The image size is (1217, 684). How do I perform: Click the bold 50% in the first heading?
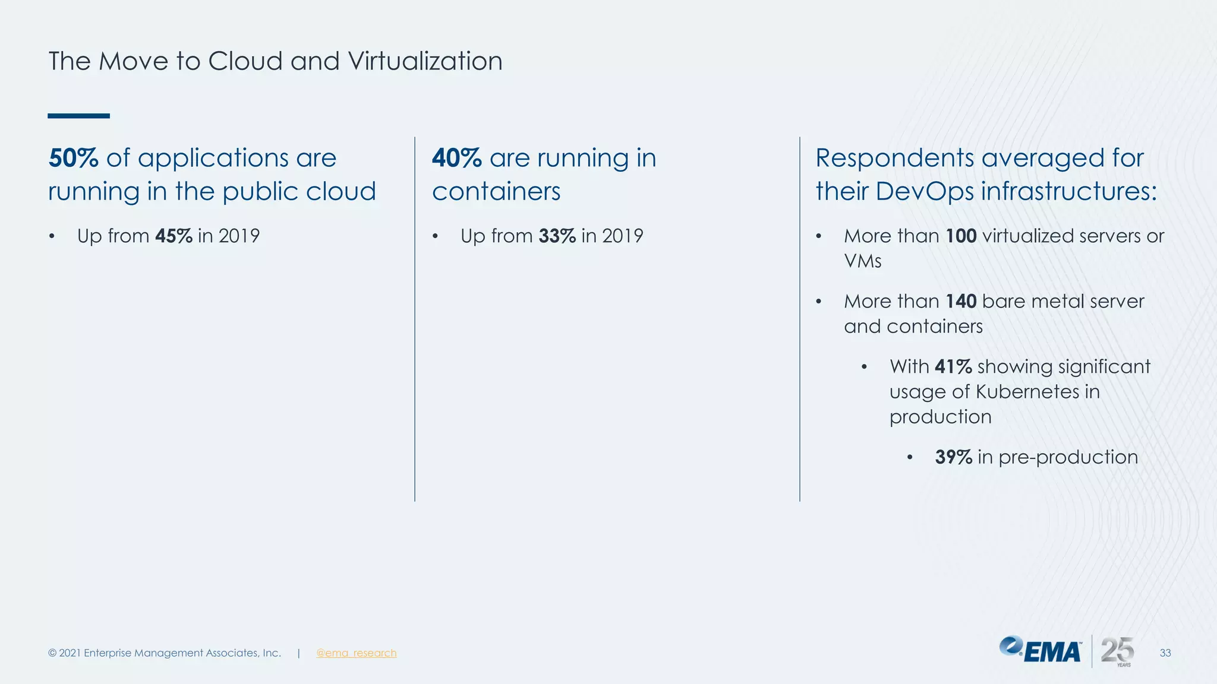click(x=73, y=158)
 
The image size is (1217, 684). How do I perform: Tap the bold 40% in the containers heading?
click(x=456, y=158)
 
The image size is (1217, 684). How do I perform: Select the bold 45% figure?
click(x=174, y=236)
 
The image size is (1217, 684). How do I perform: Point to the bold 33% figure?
click(x=557, y=236)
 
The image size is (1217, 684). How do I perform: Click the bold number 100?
click(x=961, y=236)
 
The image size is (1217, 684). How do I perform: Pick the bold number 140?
click(x=961, y=301)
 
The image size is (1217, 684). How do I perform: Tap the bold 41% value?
click(x=953, y=366)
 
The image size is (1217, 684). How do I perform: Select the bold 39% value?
click(x=953, y=457)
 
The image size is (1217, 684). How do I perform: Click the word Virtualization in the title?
click(x=425, y=61)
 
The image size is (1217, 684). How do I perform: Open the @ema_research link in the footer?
click(x=356, y=653)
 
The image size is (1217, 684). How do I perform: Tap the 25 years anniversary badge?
click(x=1117, y=651)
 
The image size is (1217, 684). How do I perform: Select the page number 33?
click(x=1165, y=653)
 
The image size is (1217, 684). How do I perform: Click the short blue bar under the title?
click(x=78, y=116)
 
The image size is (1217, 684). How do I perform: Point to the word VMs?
click(x=862, y=261)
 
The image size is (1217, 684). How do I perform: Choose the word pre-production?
click(x=1068, y=457)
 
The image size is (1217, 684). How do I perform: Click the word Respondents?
click(x=894, y=158)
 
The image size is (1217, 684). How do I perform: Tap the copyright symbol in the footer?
click(x=52, y=653)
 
